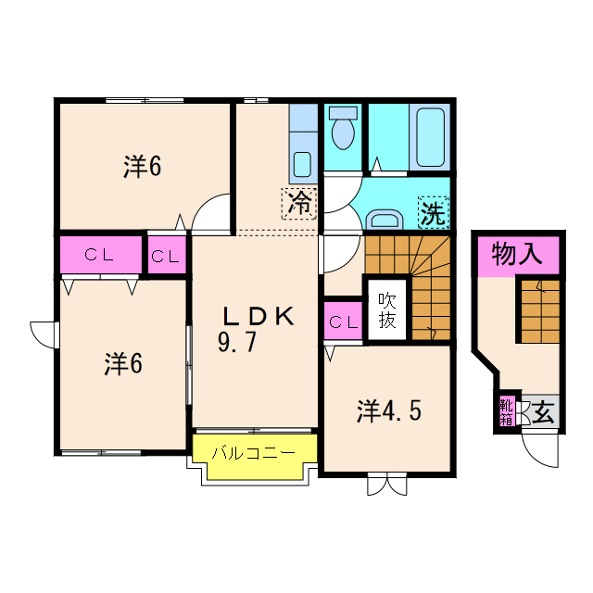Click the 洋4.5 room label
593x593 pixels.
click(389, 410)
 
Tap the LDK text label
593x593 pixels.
click(257, 316)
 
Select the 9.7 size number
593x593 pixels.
click(236, 343)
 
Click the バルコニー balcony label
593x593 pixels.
click(253, 453)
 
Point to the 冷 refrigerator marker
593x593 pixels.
click(299, 202)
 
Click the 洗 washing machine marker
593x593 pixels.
click(433, 213)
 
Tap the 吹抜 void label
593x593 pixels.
click(387, 310)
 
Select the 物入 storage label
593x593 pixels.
click(518, 253)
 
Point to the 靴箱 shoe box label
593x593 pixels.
click(506, 410)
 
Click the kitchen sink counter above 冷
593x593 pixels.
click(303, 143)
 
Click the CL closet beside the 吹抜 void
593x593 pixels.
click(343, 322)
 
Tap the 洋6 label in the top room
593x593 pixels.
click(143, 167)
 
